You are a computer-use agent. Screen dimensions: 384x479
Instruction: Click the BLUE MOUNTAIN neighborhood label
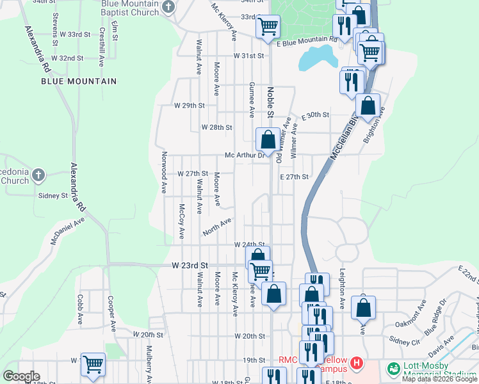click(79, 81)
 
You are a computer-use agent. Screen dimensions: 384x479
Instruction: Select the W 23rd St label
click(191, 265)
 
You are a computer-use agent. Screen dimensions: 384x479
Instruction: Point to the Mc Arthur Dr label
click(245, 155)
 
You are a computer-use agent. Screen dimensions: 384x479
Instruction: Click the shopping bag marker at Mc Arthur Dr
click(268, 140)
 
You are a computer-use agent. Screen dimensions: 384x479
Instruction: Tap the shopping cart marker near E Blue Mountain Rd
click(267, 27)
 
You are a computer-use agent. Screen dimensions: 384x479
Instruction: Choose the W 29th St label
click(189, 105)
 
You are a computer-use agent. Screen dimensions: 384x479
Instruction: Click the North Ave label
click(216, 227)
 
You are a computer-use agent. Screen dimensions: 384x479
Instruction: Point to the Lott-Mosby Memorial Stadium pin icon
click(392, 369)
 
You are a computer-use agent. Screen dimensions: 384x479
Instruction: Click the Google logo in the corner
click(20, 376)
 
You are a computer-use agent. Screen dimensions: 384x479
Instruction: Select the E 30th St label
click(313, 115)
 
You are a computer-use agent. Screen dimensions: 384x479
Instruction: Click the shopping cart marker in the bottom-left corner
click(93, 364)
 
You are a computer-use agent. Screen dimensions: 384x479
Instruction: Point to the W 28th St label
click(216, 127)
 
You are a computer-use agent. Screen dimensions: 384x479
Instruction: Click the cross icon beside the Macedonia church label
click(38, 175)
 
